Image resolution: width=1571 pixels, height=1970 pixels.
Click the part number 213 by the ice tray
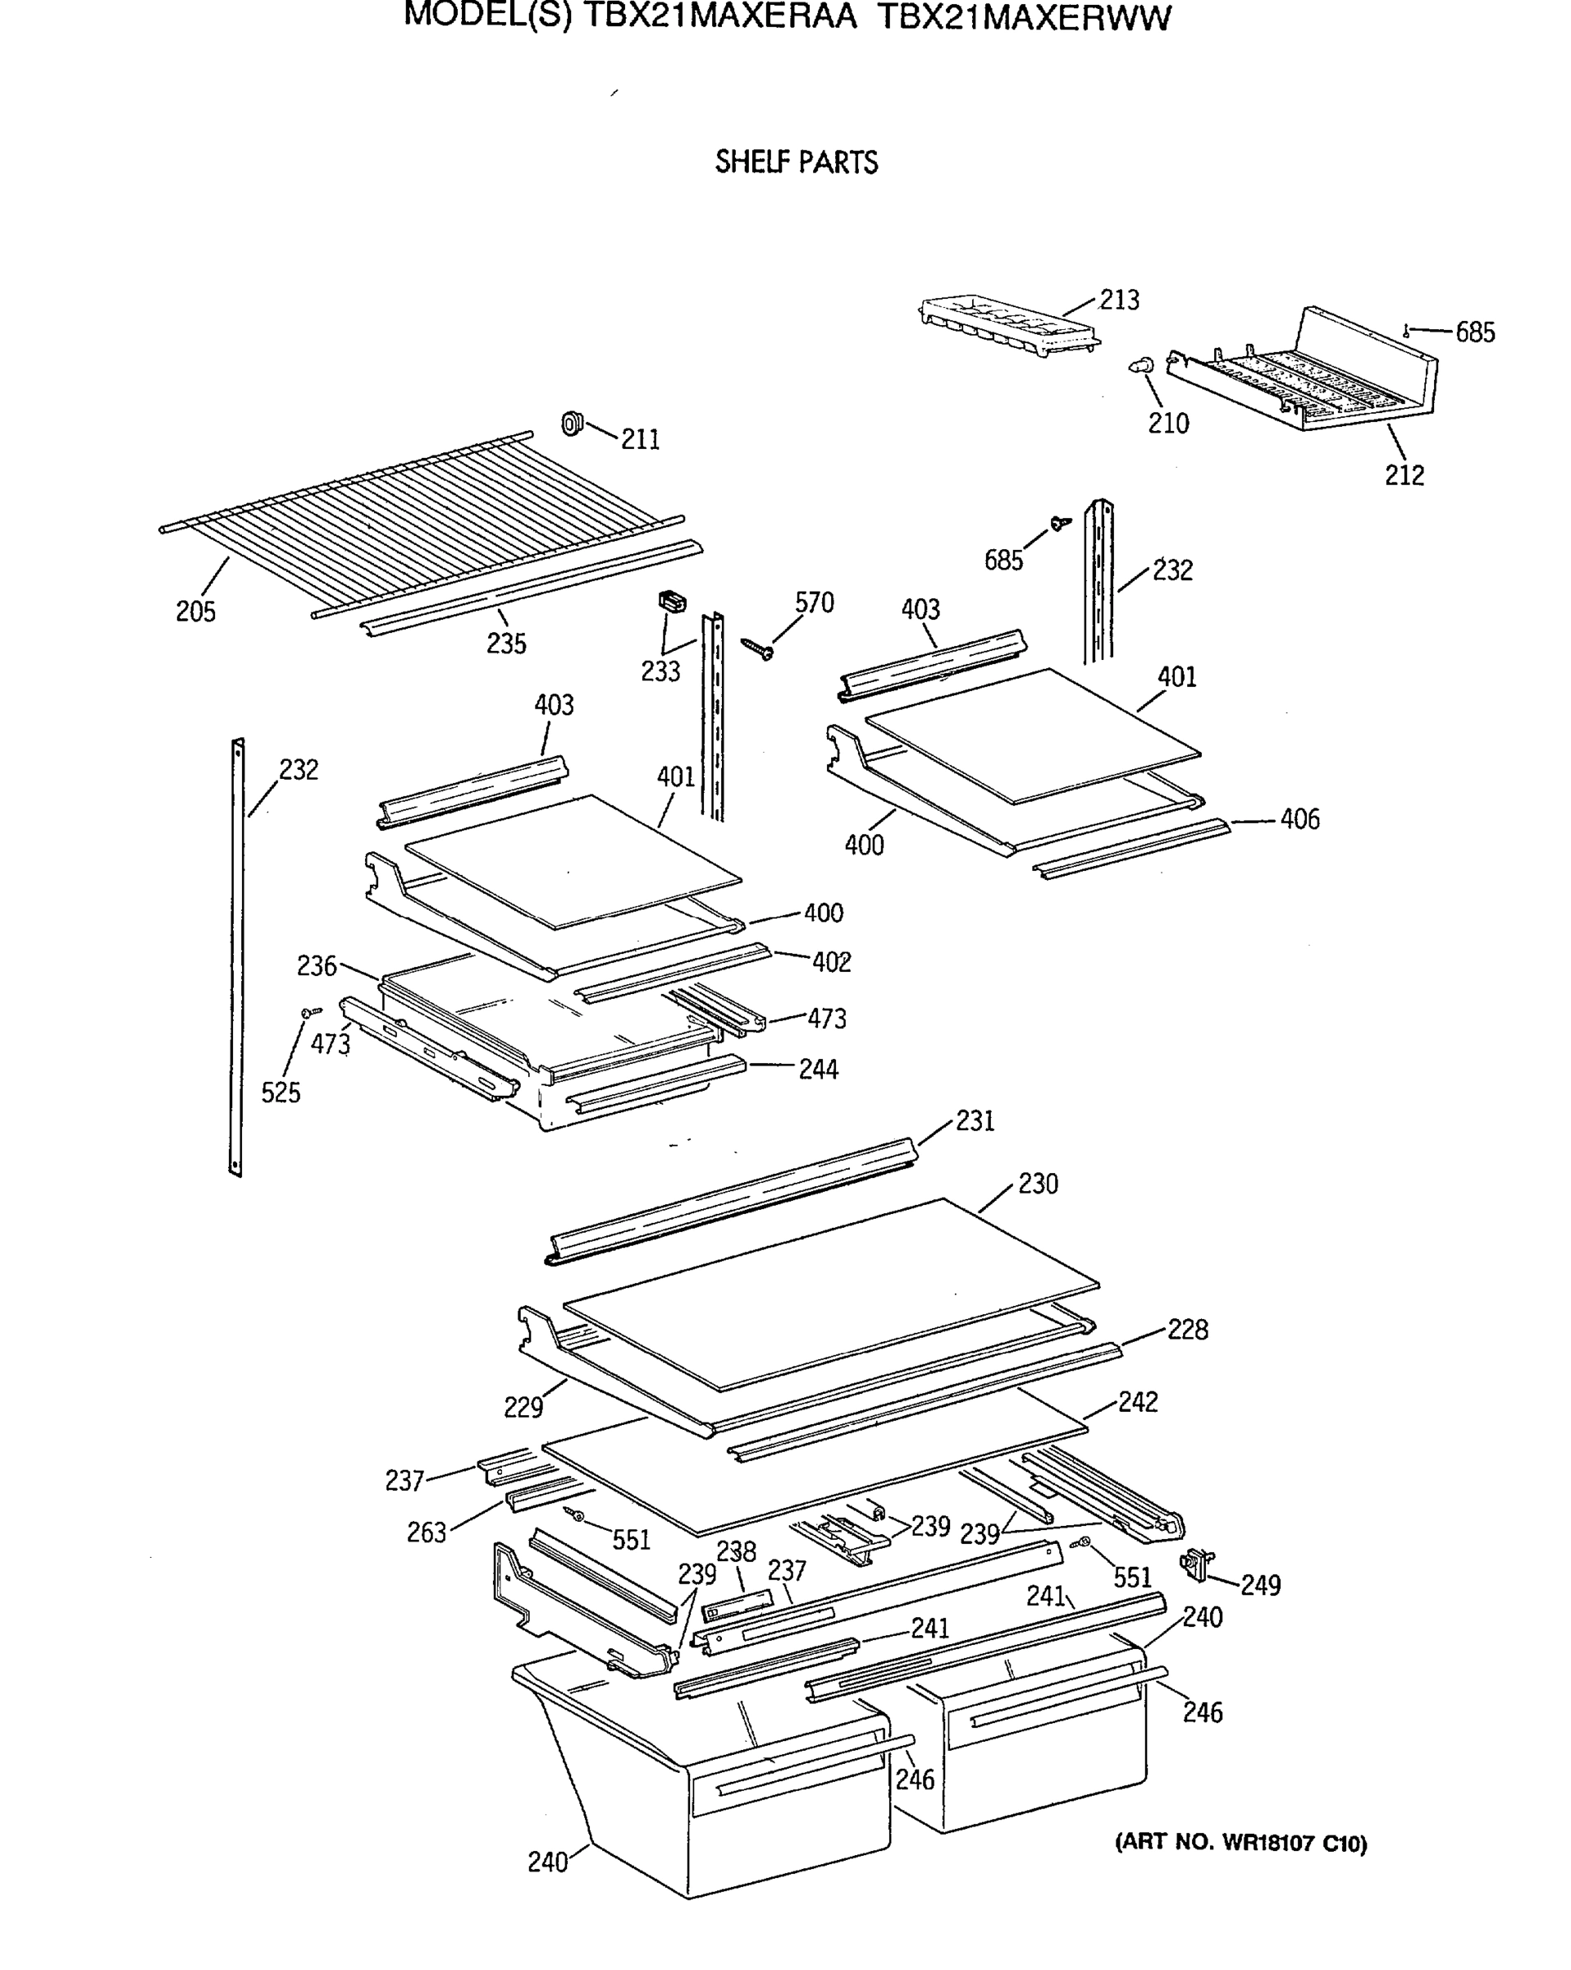click(x=1119, y=300)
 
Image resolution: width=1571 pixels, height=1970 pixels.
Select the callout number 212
click(x=1404, y=475)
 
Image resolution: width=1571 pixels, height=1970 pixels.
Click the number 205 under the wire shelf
click(x=195, y=612)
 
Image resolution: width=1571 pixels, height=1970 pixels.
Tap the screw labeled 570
click(x=758, y=648)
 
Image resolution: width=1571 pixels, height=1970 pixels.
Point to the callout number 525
click(x=281, y=1092)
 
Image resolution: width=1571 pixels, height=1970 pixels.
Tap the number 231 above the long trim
click(x=975, y=1120)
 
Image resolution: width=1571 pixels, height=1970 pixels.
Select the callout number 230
click(x=1038, y=1184)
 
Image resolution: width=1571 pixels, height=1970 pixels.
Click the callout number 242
click(x=1137, y=1402)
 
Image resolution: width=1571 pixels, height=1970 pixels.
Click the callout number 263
click(x=427, y=1532)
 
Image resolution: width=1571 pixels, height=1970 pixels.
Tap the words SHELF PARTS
click(x=796, y=163)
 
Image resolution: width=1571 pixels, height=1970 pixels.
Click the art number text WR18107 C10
click(x=1294, y=1843)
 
